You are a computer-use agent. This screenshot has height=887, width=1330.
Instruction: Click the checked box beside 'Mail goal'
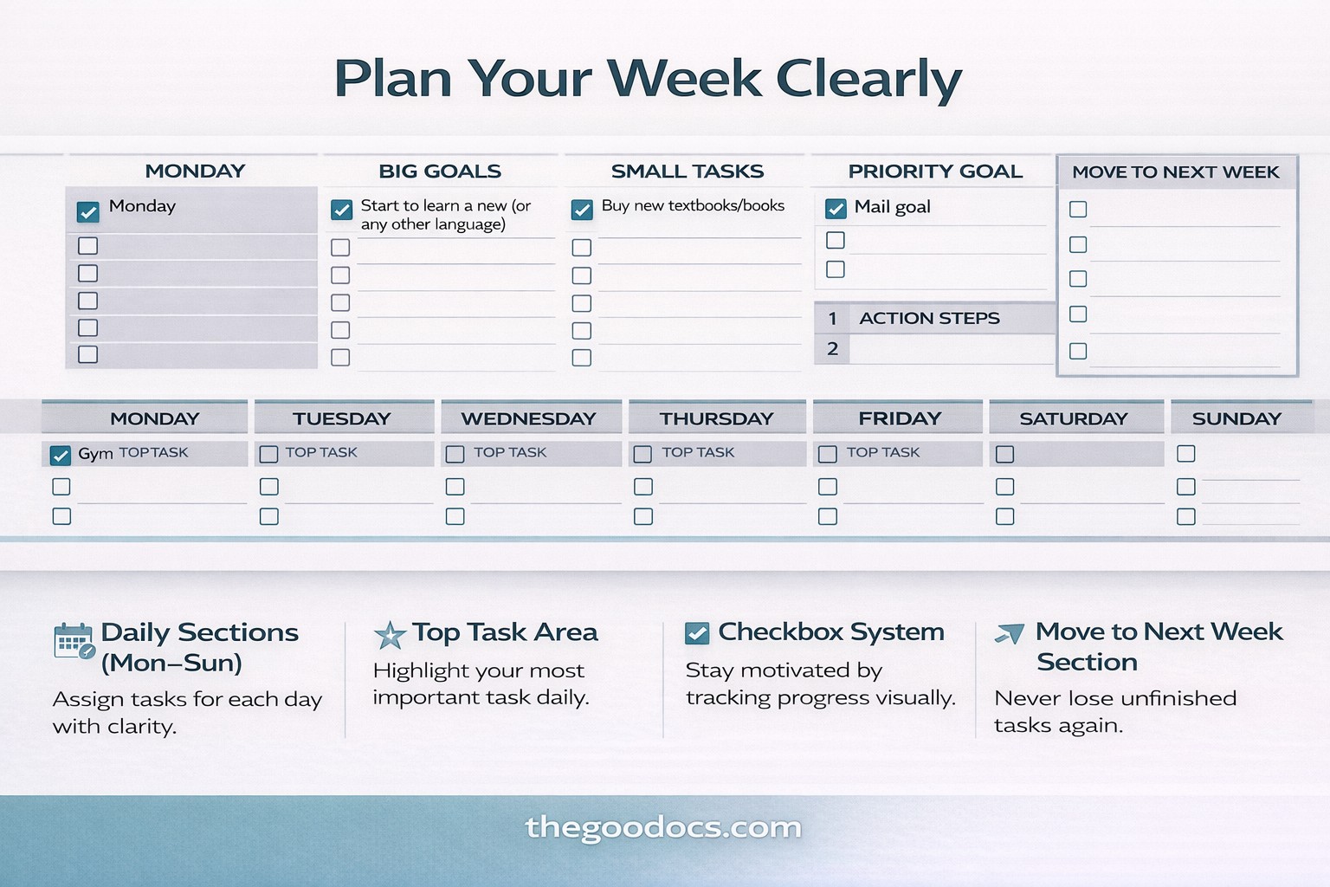tap(836, 209)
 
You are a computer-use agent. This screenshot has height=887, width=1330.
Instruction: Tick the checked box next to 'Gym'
tap(60, 455)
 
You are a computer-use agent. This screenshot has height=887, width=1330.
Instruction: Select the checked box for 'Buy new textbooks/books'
tap(582, 209)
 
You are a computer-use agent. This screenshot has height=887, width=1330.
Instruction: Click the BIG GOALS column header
tap(440, 172)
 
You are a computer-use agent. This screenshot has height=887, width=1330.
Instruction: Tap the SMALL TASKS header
tap(688, 172)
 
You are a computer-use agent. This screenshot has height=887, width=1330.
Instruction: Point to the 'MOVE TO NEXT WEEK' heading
tap(1176, 172)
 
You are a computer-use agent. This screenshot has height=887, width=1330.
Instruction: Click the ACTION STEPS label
tap(929, 319)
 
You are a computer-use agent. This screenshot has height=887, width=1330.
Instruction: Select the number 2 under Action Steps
tap(832, 349)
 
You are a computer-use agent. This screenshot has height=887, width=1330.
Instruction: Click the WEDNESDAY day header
tap(528, 419)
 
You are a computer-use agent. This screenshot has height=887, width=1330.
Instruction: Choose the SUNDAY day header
tap(1236, 419)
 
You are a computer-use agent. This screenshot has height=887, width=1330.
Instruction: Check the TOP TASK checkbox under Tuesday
tap(269, 455)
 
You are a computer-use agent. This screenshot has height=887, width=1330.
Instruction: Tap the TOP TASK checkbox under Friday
tap(828, 455)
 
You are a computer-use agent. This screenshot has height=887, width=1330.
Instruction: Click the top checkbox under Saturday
tap(1004, 455)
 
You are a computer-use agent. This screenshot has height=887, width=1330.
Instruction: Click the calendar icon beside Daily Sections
tap(74, 642)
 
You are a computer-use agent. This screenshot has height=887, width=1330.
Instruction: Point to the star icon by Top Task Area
tap(391, 635)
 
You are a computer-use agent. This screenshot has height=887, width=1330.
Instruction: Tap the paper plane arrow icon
tap(1010, 633)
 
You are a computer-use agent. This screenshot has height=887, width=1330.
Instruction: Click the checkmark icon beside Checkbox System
tap(697, 633)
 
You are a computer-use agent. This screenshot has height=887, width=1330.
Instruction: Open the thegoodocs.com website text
tap(663, 828)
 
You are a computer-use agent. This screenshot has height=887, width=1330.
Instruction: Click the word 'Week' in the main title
tap(684, 78)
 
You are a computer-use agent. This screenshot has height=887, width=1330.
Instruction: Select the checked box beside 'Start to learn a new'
tap(341, 209)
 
